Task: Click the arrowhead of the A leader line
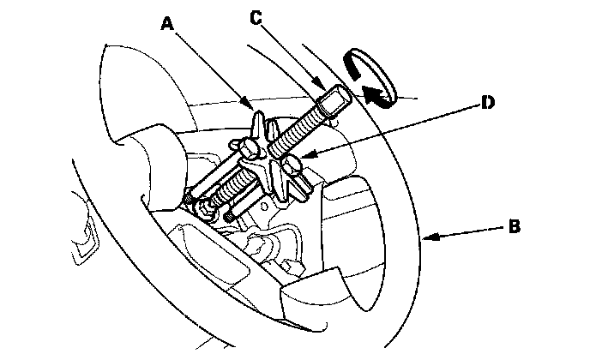[x=254, y=109]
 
